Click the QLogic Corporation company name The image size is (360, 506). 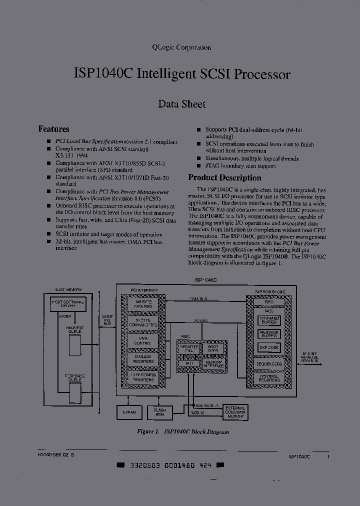[181, 47]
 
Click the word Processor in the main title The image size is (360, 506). [262, 74]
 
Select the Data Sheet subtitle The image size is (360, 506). [181, 104]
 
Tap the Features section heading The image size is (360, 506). [53, 129]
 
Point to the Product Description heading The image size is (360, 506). [224, 177]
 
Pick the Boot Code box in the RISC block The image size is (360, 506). [212, 349]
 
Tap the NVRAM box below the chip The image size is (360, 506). [128, 412]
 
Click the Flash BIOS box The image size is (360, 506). [160, 412]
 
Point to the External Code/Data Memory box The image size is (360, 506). [234, 412]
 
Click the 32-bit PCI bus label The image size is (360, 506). [107, 320]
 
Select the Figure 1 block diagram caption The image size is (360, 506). [182, 431]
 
